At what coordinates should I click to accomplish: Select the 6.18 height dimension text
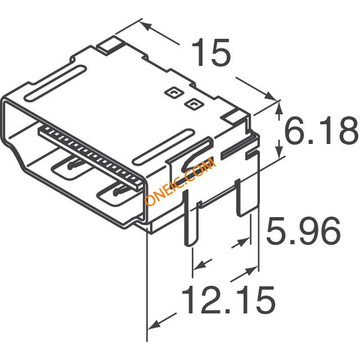321,130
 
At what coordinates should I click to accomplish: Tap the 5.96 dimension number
303,231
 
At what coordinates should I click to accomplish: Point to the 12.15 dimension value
228,300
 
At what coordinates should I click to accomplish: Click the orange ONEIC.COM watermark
180,181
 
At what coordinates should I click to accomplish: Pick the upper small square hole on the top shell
175,92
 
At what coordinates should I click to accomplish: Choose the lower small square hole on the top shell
194,104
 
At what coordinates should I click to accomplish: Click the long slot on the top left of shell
55,83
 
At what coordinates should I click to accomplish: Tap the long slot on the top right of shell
164,147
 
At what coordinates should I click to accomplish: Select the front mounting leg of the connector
190,218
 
